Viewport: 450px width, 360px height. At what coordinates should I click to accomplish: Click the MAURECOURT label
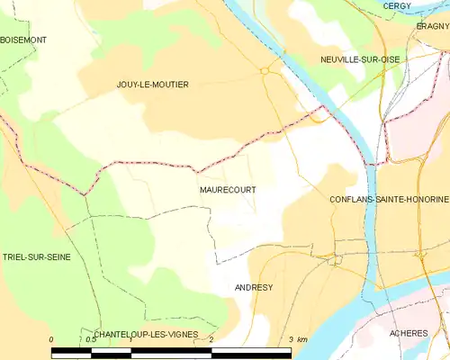tap(225, 191)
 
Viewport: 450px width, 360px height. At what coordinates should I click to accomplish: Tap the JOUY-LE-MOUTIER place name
tap(153, 84)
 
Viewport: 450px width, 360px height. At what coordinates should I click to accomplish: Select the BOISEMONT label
tap(23, 40)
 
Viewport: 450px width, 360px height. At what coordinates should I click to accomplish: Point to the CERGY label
tap(397, 5)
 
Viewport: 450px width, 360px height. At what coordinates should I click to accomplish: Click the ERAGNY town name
tap(433, 27)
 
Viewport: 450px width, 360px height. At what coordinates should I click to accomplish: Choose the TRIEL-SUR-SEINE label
tap(36, 256)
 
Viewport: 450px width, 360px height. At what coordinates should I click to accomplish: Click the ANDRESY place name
tap(254, 288)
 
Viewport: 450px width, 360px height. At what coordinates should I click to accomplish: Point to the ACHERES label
tap(409, 333)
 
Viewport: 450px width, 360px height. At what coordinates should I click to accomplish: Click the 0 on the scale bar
tap(51, 340)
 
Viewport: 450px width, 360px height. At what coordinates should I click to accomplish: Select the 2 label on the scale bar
tap(211, 340)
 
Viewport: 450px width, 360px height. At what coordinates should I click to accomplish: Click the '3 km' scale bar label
tap(296, 340)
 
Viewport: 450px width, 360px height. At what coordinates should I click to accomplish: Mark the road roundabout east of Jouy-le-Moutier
tap(265, 69)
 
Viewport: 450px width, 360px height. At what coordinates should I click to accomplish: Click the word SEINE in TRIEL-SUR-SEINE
tap(56, 256)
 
